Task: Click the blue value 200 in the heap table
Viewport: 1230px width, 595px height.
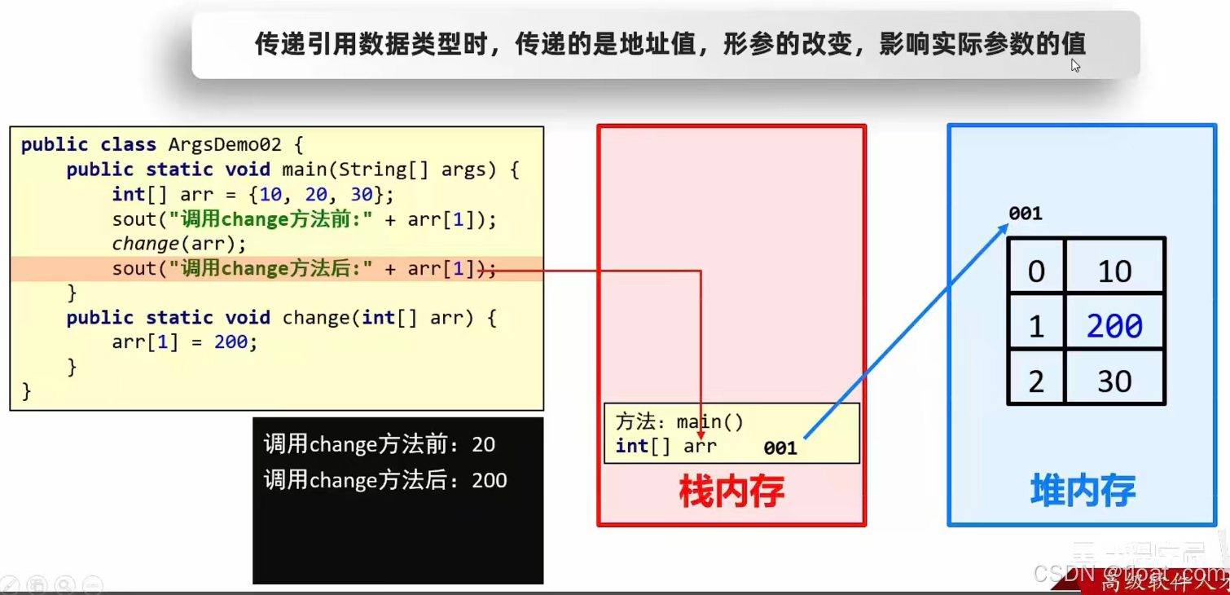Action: pos(1114,326)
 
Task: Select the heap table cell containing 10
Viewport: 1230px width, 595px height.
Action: pos(1114,271)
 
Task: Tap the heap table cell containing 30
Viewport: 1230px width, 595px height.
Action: pos(1114,381)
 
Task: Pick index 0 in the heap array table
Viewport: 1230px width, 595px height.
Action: pos(1036,271)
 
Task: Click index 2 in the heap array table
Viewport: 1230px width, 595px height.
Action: pos(1036,381)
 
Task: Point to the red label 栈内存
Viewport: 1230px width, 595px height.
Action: pos(731,491)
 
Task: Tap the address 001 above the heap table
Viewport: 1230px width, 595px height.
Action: pos(1026,214)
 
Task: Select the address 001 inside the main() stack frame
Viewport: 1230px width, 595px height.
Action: pos(780,447)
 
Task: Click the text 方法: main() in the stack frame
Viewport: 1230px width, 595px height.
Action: pos(680,422)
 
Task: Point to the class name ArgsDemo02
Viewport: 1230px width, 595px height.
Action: pos(225,145)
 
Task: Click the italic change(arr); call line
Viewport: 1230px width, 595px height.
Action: pos(178,244)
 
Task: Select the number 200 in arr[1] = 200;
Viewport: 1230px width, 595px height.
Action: pos(231,342)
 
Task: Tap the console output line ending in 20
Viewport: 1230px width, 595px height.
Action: pos(379,444)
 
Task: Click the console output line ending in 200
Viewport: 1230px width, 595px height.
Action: pos(384,480)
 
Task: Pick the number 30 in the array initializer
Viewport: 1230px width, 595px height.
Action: pos(362,195)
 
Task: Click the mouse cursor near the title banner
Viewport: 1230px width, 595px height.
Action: pos(1075,64)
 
